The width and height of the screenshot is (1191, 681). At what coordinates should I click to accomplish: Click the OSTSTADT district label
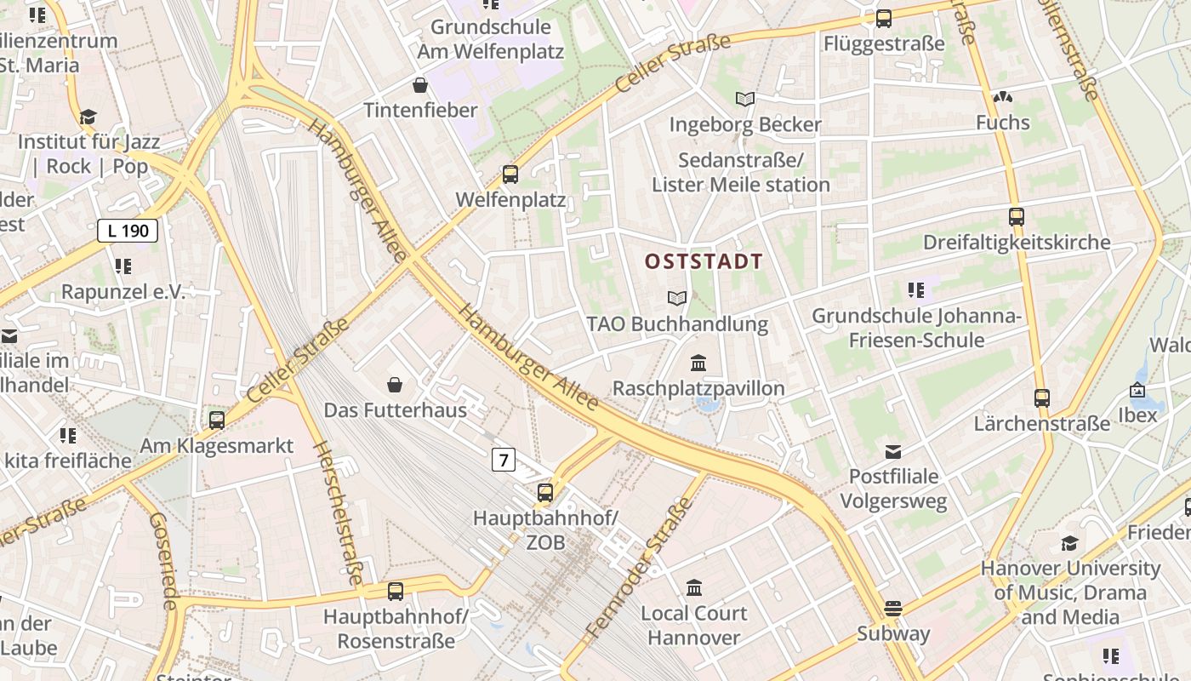click(704, 261)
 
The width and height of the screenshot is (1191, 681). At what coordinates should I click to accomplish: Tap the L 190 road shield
click(128, 230)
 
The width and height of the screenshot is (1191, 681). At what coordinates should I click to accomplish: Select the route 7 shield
click(504, 461)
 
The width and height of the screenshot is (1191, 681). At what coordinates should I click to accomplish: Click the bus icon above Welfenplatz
click(510, 175)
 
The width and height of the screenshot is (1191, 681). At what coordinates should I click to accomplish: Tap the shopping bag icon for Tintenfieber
click(419, 85)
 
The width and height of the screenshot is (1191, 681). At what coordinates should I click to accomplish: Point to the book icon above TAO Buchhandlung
click(677, 298)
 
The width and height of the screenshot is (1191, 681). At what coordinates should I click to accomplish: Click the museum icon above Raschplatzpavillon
click(698, 363)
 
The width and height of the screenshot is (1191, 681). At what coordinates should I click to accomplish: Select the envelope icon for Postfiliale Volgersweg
click(893, 451)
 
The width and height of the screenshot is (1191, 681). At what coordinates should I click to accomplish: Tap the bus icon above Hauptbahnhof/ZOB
click(545, 492)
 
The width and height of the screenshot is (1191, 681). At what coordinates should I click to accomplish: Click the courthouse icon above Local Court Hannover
click(694, 587)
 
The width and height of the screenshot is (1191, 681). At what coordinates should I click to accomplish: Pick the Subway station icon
click(892, 608)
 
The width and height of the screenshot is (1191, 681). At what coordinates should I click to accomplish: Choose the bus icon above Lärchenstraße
click(1042, 398)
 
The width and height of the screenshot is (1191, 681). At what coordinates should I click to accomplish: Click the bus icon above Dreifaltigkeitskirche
click(1017, 217)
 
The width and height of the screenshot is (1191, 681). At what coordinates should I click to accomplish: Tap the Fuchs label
click(1003, 123)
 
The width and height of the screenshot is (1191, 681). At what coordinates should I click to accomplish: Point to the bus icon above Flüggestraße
click(884, 19)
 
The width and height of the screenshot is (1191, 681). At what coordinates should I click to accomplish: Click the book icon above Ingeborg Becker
click(745, 100)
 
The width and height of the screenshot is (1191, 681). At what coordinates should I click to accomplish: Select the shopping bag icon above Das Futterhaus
click(395, 385)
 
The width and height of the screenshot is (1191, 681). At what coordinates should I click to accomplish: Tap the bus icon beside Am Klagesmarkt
click(217, 420)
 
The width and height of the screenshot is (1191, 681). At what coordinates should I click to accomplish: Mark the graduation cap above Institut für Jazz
click(88, 117)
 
